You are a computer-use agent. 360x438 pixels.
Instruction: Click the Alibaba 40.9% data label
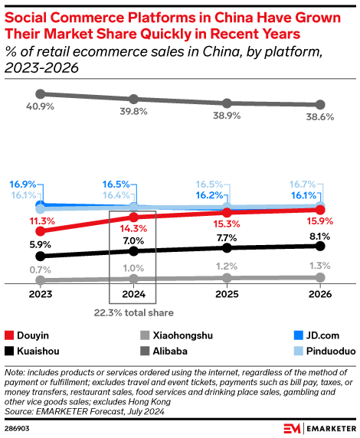[40, 106]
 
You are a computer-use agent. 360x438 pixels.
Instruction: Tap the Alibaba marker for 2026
[321, 105]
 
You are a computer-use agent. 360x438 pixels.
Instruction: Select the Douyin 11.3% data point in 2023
[40, 230]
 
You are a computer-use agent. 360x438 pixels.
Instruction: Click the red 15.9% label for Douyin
[321, 222]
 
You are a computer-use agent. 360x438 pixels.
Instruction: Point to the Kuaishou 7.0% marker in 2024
[133, 250]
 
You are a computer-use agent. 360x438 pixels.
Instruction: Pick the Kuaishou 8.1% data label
[321, 236]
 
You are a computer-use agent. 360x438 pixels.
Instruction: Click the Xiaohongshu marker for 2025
[227, 278]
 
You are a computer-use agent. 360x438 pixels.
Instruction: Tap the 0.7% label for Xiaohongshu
[40, 270]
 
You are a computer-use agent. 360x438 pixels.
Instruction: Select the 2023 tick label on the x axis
[40, 294]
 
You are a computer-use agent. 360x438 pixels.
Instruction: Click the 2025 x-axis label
[227, 294]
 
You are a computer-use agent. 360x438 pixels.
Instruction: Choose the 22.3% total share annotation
[133, 312]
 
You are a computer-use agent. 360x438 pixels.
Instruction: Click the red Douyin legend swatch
[10, 335]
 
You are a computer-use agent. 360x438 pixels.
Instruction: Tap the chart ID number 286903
[19, 427]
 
